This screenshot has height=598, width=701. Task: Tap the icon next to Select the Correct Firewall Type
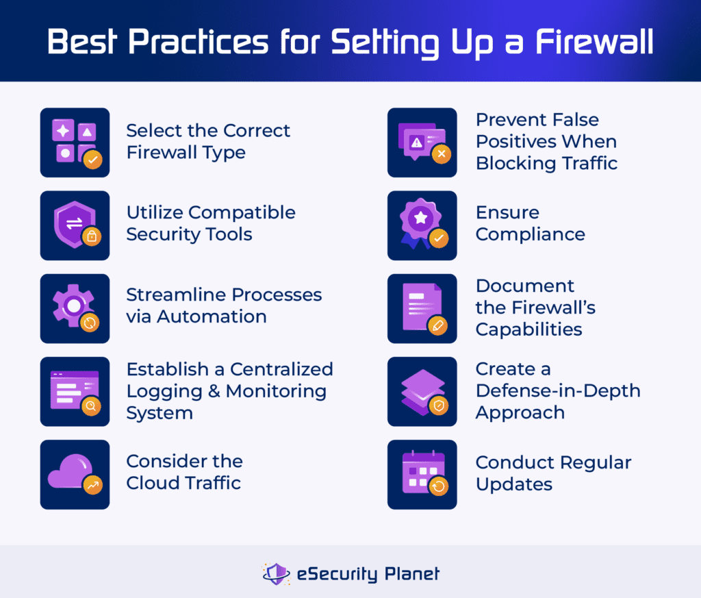pos(75,142)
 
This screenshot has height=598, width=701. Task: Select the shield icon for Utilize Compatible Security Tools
pos(75,225)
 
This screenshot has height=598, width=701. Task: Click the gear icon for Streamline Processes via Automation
pos(75,308)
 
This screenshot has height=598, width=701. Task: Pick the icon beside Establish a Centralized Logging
pos(75,391)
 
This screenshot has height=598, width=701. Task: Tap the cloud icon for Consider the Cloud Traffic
pos(75,474)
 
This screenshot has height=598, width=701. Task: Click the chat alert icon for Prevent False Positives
pos(422,142)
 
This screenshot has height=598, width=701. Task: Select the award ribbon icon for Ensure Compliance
pos(422,225)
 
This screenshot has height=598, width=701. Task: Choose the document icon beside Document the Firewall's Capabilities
pos(422,308)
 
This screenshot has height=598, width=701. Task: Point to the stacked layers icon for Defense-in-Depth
pos(422,391)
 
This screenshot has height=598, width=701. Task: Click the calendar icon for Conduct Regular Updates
pos(422,474)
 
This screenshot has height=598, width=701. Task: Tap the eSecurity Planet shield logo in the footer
pos(276,573)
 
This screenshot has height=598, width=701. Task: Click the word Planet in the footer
pos(411,573)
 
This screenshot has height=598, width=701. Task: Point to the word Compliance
pos(531,234)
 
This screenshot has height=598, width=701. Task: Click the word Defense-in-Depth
pos(558,391)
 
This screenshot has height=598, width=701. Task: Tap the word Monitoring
pos(276,391)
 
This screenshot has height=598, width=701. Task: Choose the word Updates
pos(513,484)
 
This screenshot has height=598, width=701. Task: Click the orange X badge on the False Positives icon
pos(440,154)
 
